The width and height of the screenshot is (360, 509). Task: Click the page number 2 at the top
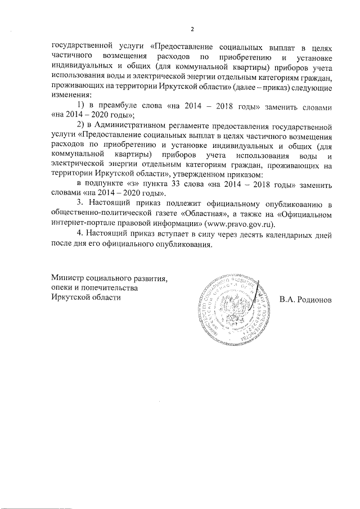pos(192,30)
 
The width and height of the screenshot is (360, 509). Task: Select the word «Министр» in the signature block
pos(67,278)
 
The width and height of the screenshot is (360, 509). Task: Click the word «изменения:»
pos(71,96)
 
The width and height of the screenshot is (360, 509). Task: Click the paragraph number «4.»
pos(80,234)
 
